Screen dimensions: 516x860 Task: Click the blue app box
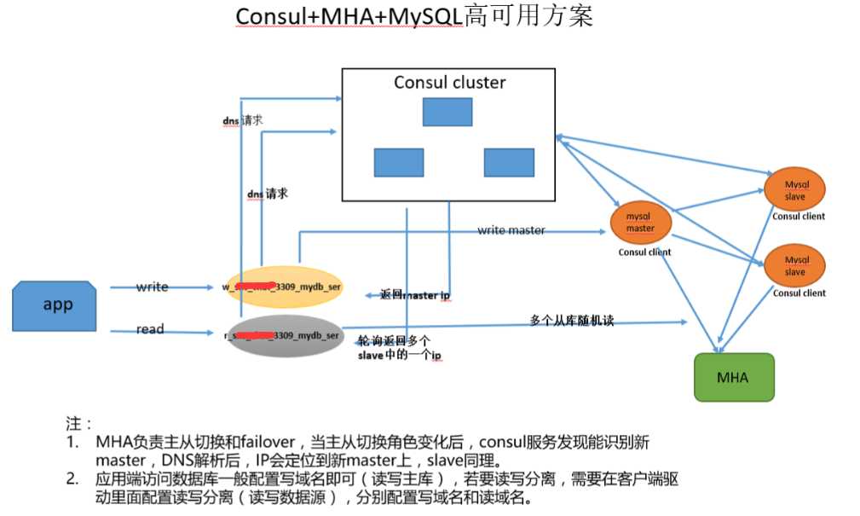coord(55,305)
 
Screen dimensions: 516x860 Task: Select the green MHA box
coord(733,377)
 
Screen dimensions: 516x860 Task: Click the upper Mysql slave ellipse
coord(794,190)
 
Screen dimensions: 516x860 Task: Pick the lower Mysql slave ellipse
coord(794,265)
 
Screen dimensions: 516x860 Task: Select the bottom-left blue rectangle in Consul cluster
coord(398,162)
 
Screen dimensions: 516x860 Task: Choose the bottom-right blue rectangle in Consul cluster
coord(509,162)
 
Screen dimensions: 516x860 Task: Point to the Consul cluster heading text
coord(449,83)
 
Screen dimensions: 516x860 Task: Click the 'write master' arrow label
coord(511,230)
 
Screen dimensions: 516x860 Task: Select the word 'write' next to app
coord(152,287)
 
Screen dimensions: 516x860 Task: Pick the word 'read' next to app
coord(150,329)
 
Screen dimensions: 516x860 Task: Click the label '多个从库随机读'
coord(571,321)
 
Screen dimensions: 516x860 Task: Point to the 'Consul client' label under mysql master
coord(644,252)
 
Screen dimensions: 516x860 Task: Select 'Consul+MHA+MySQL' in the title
coord(349,17)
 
